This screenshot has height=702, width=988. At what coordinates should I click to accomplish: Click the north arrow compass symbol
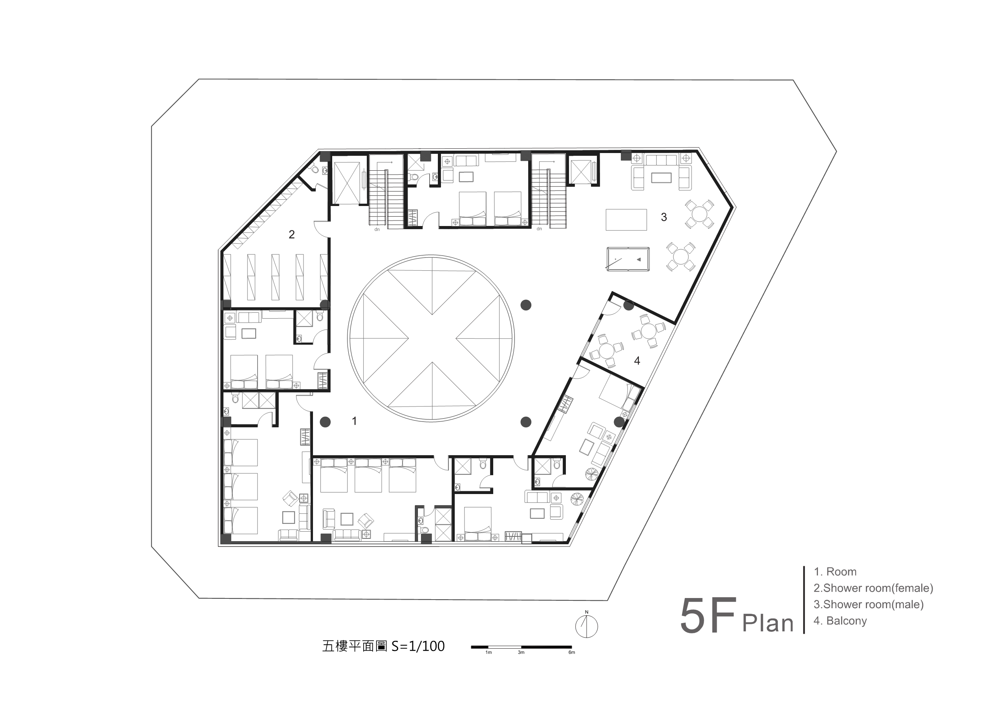click(587, 625)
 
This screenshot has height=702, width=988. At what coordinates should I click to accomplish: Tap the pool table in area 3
click(628, 259)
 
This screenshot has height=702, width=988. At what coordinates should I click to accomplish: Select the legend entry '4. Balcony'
click(840, 621)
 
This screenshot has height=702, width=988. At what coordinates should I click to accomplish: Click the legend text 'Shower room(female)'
click(878, 588)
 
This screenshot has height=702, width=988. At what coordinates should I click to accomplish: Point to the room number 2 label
click(291, 234)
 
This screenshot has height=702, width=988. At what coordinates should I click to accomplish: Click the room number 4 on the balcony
click(637, 361)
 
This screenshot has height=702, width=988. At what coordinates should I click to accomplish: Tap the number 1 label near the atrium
click(354, 421)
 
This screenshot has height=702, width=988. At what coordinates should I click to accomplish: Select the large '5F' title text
click(708, 615)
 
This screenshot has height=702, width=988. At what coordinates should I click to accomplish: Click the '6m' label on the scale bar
click(571, 652)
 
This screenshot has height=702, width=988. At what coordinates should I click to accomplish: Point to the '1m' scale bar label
click(489, 652)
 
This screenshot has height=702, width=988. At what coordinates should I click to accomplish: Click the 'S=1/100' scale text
click(418, 646)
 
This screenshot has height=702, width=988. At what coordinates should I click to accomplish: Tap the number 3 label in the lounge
click(664, 217)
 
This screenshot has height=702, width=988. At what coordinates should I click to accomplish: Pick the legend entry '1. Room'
click(835, 571)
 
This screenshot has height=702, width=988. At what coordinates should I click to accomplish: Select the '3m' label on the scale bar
click(521, 652)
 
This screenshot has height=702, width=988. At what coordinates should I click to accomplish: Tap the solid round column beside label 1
click(325, 422)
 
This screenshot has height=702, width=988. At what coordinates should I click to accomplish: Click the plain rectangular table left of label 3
click(626, 220)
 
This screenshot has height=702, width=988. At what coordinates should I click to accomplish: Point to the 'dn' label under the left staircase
click(377, 230)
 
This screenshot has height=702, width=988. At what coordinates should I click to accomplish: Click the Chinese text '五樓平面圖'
click(354, 646)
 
